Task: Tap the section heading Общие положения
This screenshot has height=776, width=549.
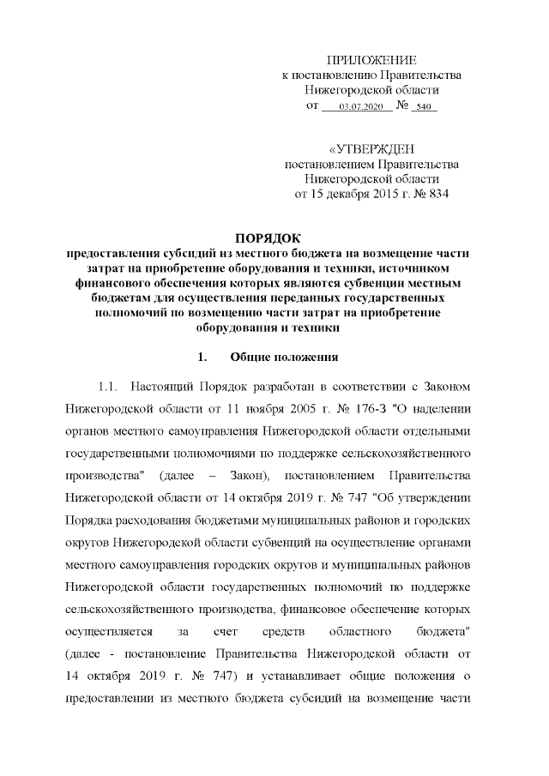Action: (x=286, y=355)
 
